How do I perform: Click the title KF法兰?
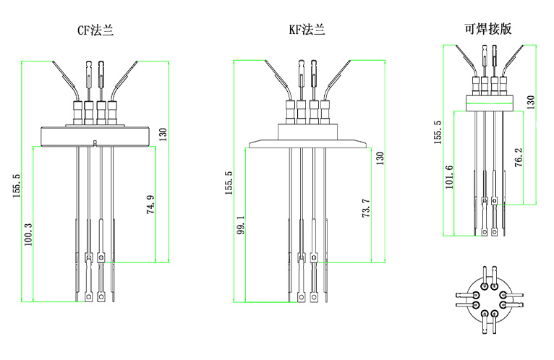pos(307,30)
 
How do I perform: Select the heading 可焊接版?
pos(488,29)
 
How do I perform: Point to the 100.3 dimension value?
pos(28,233)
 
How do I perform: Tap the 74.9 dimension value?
pos(150,205)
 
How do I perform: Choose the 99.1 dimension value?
pos(240,225)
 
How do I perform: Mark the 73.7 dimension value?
pos(366,207)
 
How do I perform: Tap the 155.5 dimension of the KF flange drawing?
pos(229,184)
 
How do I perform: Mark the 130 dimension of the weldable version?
pos(530,102)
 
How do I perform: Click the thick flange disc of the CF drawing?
pos(95,135)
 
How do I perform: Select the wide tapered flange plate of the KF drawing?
pos(307,143)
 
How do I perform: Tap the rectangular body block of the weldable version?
pos(488,103)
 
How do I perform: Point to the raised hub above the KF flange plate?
pos(307,130)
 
